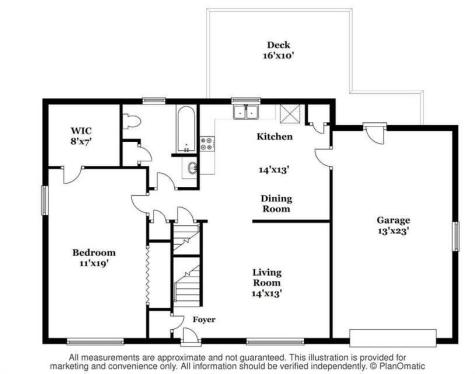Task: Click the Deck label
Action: (278, 44)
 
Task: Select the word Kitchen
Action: (273, 137)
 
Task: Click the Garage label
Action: (393, 220)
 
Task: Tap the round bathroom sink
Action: (193, 167)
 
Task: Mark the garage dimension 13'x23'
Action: (394, 232)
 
